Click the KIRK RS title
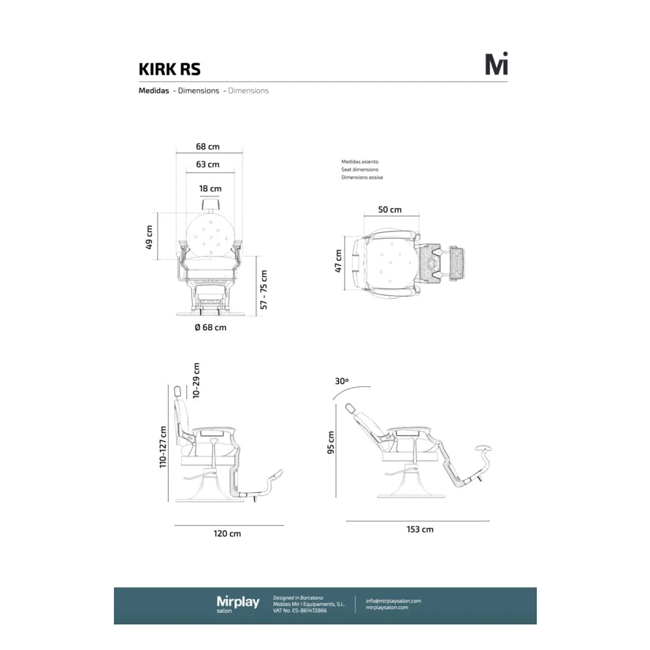169,69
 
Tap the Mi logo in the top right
497,64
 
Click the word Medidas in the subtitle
154,91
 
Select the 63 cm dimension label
207,164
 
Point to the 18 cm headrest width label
210,188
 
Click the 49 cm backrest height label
150,238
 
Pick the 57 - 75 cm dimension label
264,289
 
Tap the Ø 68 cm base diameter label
210,327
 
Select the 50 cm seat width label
389,210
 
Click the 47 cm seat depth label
338,261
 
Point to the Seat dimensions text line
359,169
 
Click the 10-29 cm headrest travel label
196,381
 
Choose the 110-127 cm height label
164,447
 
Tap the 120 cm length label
227,534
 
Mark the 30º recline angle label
341,381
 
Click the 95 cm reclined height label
331,442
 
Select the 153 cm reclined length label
420,529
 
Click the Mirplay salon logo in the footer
237,604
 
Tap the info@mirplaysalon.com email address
394,601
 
